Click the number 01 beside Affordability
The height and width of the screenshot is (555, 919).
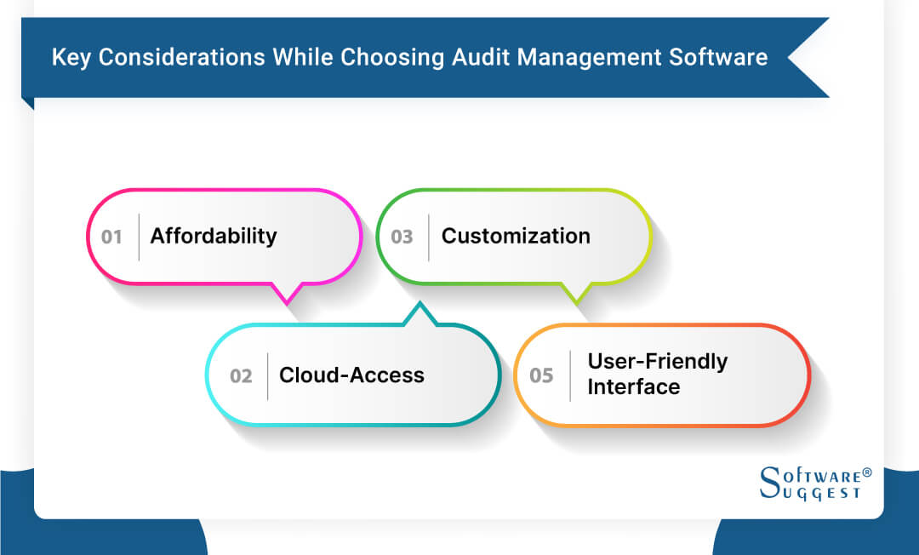pos(112,237)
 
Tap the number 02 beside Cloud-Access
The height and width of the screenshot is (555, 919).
pos(241,375)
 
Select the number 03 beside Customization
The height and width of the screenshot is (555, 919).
pos(402,237)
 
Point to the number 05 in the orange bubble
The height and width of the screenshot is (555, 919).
pos(541,375)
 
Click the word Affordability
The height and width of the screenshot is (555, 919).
pos(214,236)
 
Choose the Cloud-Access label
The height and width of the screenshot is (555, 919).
pos(351,375)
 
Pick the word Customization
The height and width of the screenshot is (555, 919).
pos(516,236)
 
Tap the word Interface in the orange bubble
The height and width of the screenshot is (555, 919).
pos(634,387)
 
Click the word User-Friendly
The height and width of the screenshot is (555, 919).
pos(658,361)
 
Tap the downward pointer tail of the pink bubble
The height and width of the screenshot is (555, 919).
pos(287,294)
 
